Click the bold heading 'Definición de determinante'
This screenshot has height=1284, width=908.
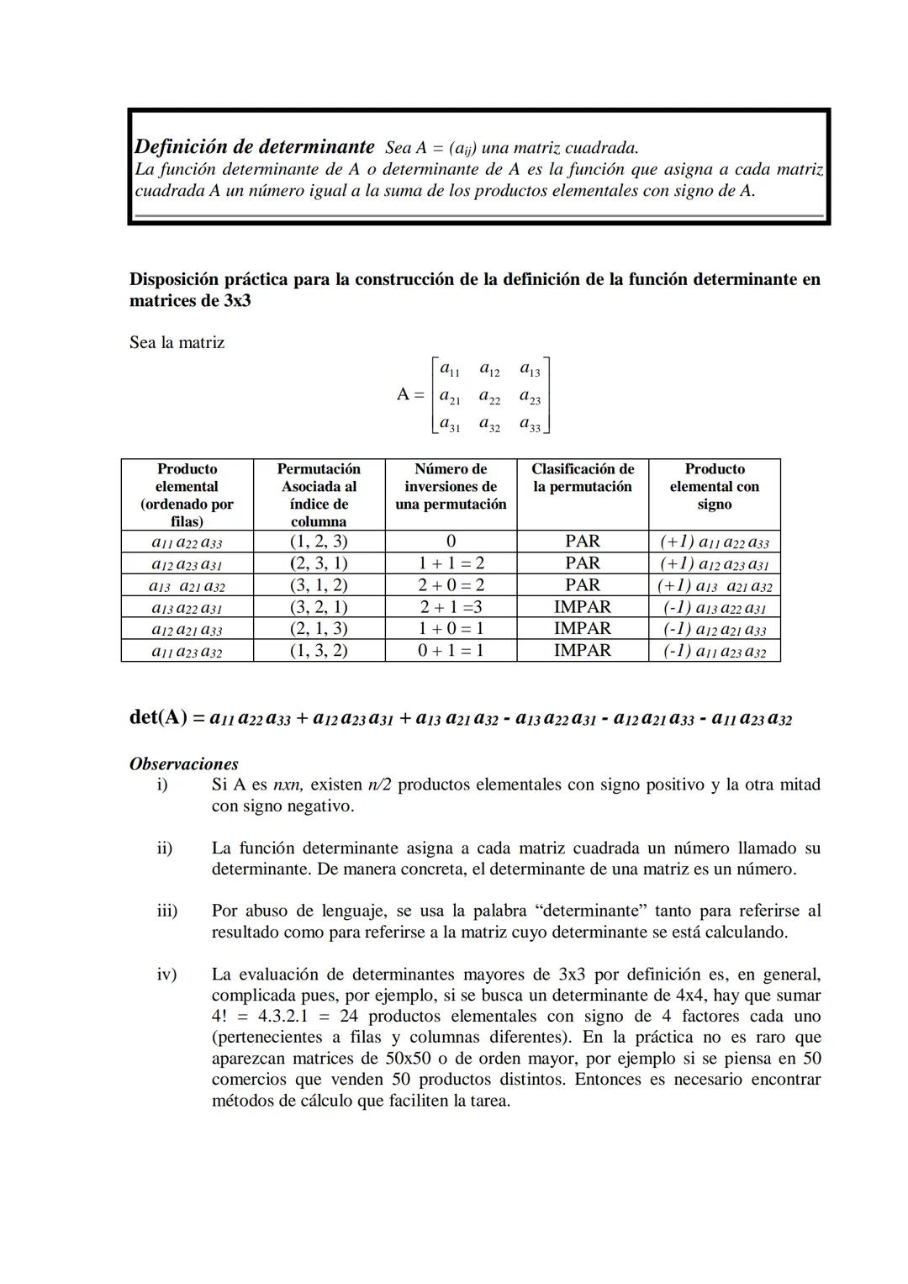click(x=255, y=146)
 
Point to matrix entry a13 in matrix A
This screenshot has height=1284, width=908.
click(x=530, y=369)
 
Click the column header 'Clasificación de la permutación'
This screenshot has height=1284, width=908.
click(x=583, y=478)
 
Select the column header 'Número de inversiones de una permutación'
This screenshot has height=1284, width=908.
click(x=451, y=486)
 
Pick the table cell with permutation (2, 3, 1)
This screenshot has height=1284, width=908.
click(x=319, y=563)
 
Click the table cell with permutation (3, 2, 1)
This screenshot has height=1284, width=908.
click(x=319, y=607)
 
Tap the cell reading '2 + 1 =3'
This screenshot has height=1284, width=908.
click(x=451, y=607)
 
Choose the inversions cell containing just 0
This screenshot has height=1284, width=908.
click(x=451, y=542)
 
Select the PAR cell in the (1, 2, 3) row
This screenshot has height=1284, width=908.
click(x=583, y=542)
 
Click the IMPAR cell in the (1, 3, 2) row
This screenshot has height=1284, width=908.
click(x=583, y=651)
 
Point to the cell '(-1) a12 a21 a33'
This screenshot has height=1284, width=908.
click(x=714, y=629)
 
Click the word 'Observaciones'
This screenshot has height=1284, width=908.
click(x=183, y=764)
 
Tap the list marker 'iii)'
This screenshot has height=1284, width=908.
click(x=166, y=911)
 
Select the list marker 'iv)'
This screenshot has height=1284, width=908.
click(x=166, y=975)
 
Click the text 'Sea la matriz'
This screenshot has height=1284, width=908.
click(x=177, y=343)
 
